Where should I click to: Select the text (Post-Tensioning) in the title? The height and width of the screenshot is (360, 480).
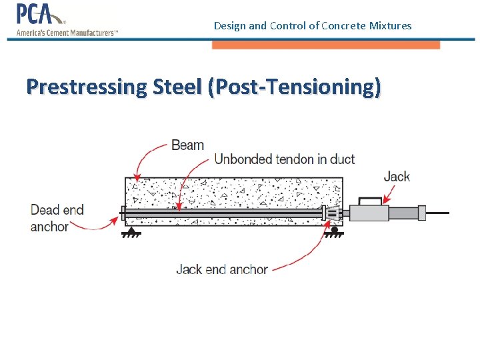pyautogui.click(x=295, y=87)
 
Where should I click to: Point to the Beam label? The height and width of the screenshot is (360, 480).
pyautogui.click(x=187, y=145)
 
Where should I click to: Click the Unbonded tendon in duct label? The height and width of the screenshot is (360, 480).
pyautogui.click(x=284, y=159)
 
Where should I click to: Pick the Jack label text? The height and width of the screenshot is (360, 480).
pyautogui.click(x=397, y=176)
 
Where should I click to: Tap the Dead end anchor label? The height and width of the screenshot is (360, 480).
pyautogui.click(x=57, y=218)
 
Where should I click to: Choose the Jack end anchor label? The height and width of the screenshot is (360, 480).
pyautogui.click(x=222, y=269)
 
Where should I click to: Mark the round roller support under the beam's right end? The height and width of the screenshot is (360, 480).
pyautogui.click(x=333, y=231)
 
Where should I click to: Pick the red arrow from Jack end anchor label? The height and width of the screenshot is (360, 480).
pyautogui.click(x=307, y=257)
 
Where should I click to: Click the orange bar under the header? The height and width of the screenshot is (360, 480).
pyautogui.click(x=326, y=45)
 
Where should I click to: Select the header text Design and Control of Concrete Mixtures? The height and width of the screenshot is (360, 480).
pyautogui.click(x=313, y=26)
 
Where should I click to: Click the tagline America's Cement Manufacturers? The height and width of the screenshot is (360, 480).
pyautogui.click(x=67, y=32)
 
